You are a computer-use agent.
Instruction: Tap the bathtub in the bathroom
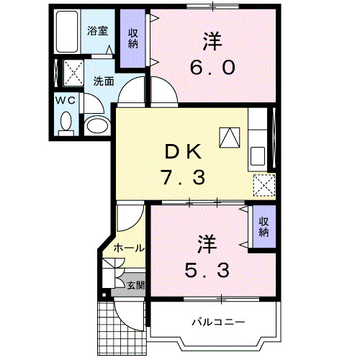(x=68, y=32)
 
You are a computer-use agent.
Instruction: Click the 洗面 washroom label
(x=103, y=81)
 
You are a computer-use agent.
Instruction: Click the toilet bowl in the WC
(x=66, y=122)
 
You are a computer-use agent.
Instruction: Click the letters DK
(x=186, y=152)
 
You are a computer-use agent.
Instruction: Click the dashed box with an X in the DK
(x=264, y=185)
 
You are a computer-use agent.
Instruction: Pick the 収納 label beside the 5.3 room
(x=264, y=227)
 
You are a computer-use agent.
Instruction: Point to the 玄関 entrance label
(x=135, y=285)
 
